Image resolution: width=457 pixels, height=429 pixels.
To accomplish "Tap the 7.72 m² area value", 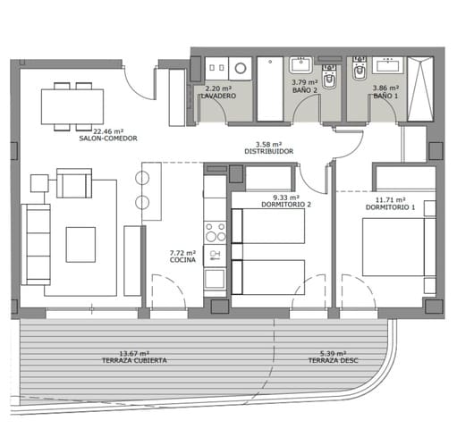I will (183, 254).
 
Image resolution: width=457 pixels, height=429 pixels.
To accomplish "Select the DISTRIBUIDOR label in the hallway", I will (268, 151).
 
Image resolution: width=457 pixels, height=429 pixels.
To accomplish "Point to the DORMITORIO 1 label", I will (385, 207).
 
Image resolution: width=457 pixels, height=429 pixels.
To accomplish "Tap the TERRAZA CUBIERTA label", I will (133, 360).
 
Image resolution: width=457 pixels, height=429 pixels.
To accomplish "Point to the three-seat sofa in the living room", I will (35, 242).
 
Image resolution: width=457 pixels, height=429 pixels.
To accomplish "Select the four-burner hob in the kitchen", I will (216, 232).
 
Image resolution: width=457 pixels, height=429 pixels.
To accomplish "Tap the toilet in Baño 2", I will (328, 82).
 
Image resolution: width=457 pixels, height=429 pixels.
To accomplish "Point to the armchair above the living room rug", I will (73, 184).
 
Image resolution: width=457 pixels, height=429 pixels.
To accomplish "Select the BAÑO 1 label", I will (385, 95).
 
